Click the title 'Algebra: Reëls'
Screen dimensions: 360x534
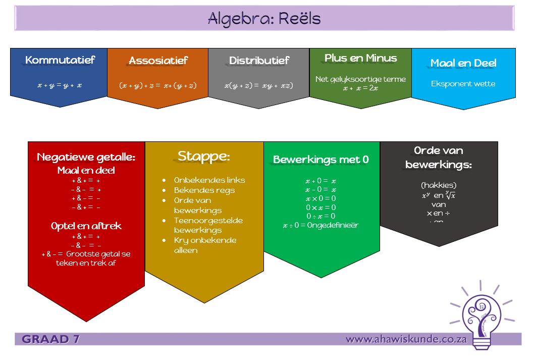(264, 19)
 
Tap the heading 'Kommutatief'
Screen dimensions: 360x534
(60, 60)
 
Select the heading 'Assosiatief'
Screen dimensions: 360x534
(158, 61)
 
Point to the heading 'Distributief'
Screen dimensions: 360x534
(259, 61)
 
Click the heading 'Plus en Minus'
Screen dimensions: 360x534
(361, 58)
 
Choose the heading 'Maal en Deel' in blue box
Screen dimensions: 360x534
(463, 63)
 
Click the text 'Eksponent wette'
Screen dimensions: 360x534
(463, 84)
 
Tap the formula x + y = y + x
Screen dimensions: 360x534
(60, 85)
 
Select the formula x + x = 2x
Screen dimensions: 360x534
(360, 88)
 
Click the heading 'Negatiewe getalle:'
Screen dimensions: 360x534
(86, 157)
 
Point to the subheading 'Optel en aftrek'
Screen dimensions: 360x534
(86, 226)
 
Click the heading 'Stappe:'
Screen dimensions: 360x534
(203, 157)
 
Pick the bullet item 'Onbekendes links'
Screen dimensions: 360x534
(209, 180)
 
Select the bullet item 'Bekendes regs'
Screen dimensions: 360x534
(204, 190)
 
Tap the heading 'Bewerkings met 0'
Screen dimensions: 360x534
(321, 160)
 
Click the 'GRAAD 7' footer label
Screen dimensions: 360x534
(51, 339)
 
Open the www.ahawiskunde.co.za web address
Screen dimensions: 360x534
(406, 339)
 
